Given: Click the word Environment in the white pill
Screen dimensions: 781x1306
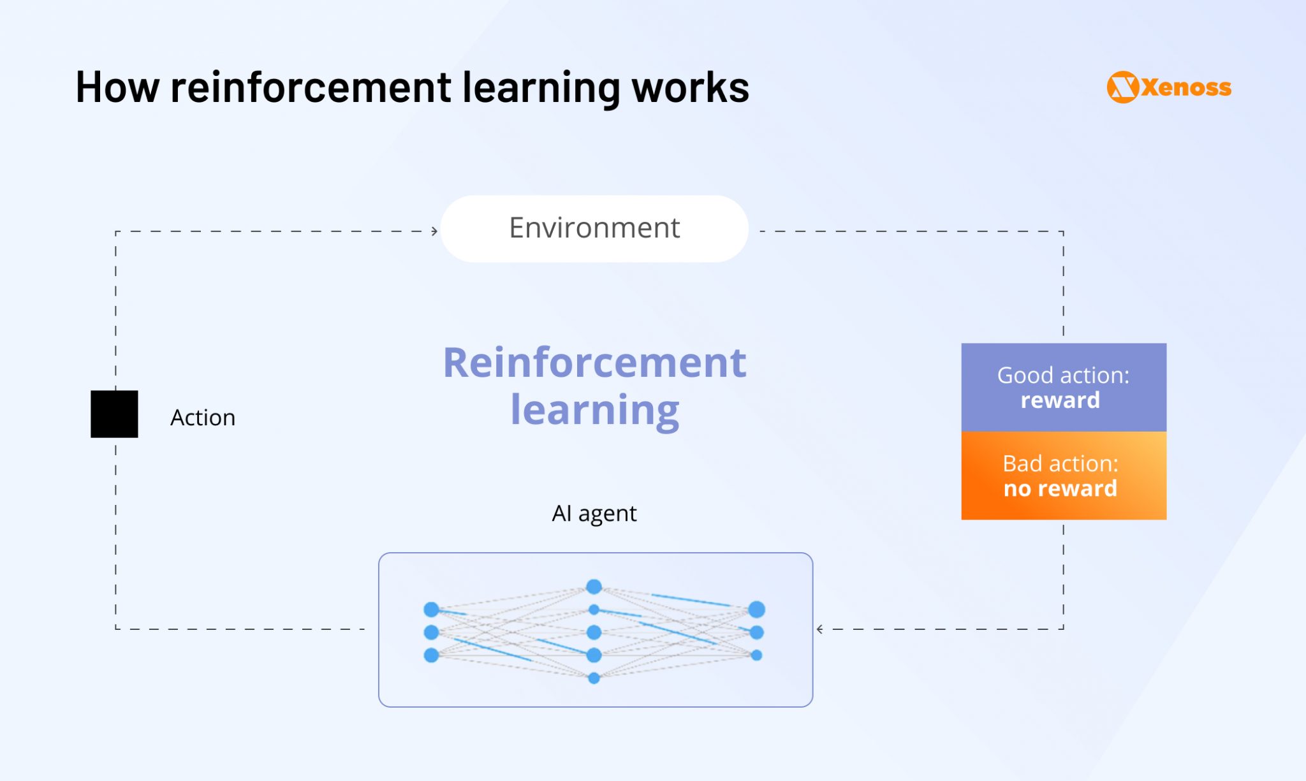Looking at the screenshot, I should point(594,228).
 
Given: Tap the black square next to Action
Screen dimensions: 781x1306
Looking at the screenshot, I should point(114,414).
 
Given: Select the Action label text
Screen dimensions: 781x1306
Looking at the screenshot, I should point(202,418).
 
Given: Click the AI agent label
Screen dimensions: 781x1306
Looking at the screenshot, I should point(594,513).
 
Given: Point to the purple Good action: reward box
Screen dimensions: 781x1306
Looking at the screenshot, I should point(1063,387).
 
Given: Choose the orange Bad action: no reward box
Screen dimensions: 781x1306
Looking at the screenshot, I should point(1063,476).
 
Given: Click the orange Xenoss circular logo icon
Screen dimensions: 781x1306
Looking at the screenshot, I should point(1122,87).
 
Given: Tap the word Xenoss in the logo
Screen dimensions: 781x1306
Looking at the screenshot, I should point(1186,87).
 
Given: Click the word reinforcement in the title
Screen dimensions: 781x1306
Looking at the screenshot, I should point(311,87).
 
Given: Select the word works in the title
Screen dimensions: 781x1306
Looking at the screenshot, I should point(690,87).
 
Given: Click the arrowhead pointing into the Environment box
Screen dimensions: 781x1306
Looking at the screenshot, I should point(434,231).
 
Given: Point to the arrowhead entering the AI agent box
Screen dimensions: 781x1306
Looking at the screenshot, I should point(820,629).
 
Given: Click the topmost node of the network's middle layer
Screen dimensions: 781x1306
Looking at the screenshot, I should point(594,586).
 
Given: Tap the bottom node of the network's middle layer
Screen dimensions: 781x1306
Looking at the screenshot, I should point(594,678).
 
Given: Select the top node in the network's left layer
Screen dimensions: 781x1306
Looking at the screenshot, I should point(431,609).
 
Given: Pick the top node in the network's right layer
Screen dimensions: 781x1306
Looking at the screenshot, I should point(756,609).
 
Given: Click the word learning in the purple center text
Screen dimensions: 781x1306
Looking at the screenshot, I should point(594,410).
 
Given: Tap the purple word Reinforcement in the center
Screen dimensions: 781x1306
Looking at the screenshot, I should point(594,363).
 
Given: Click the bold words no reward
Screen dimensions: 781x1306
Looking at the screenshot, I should point(1060,489).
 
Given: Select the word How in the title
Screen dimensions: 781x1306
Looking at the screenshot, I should point(117,87).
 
